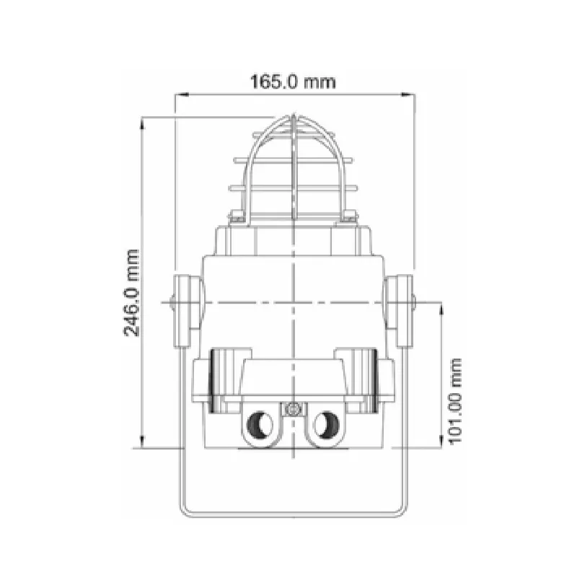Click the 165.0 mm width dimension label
coord(293,82)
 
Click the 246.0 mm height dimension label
coord(131,293)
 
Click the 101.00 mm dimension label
coord(455,401)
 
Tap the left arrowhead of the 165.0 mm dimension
coord(182,95)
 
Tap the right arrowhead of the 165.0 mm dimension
coord(408,95)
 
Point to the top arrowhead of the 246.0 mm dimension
coord(142,123)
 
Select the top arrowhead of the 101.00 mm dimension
coord(441,309)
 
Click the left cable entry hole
coord(260,425)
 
